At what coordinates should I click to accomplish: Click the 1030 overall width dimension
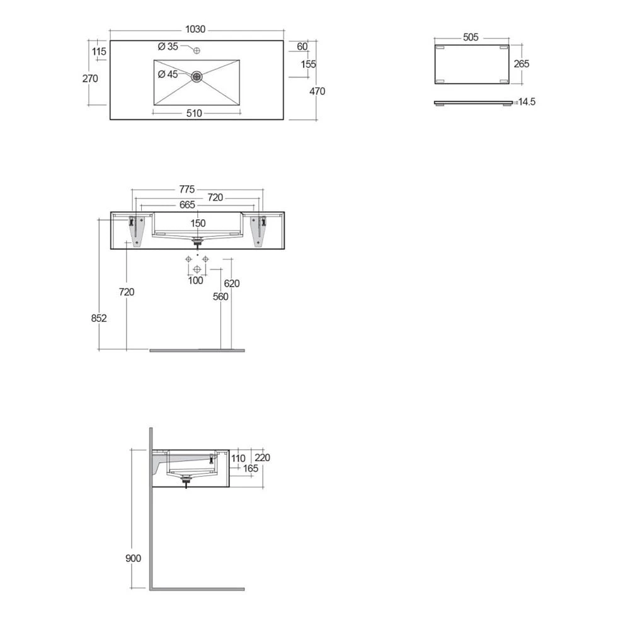pyautogui.click(x=196, y=30)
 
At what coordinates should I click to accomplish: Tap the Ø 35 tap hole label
pyautogui.click(x=168, y=47)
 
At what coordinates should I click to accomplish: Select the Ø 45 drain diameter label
pyautogui.click(x=168, y=74)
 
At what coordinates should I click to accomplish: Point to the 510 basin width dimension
pyautogui.click(x=194, y=113)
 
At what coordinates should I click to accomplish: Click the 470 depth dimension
pyautogui.click(x=317, y=91)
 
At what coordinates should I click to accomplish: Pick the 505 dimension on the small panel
pyautogui.click(x=471, y=37)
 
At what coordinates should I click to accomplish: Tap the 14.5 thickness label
pyautogui.click(x=525, y=102)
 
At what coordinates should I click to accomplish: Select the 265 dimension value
pyautogui.click(x=521, y=64)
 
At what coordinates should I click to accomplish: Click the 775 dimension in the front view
pyautogui.click(x=186, y=189)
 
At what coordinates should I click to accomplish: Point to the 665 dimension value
pyautogui.click(x=186, y=205)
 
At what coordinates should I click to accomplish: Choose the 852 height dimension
pyautogui.click(x=99, y=318)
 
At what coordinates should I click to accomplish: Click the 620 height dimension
pyautogui.click(x=232, y=283)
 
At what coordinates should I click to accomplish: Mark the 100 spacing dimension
pyautogui.click(x=196, y=280)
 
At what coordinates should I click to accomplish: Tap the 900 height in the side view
pyautogui.click(x=133, y=558)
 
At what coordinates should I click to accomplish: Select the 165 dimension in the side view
pyautogui.click(x=250, y=469)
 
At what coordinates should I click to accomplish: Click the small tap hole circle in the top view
pyautogui.click(x=197, y=50)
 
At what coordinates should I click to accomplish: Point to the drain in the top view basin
pyautogui.click(x=197, y=77)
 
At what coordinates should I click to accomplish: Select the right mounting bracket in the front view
pyautogui.click(x=258, y=230)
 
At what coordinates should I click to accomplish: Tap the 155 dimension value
pyautogui.click(x=308, y=64)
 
